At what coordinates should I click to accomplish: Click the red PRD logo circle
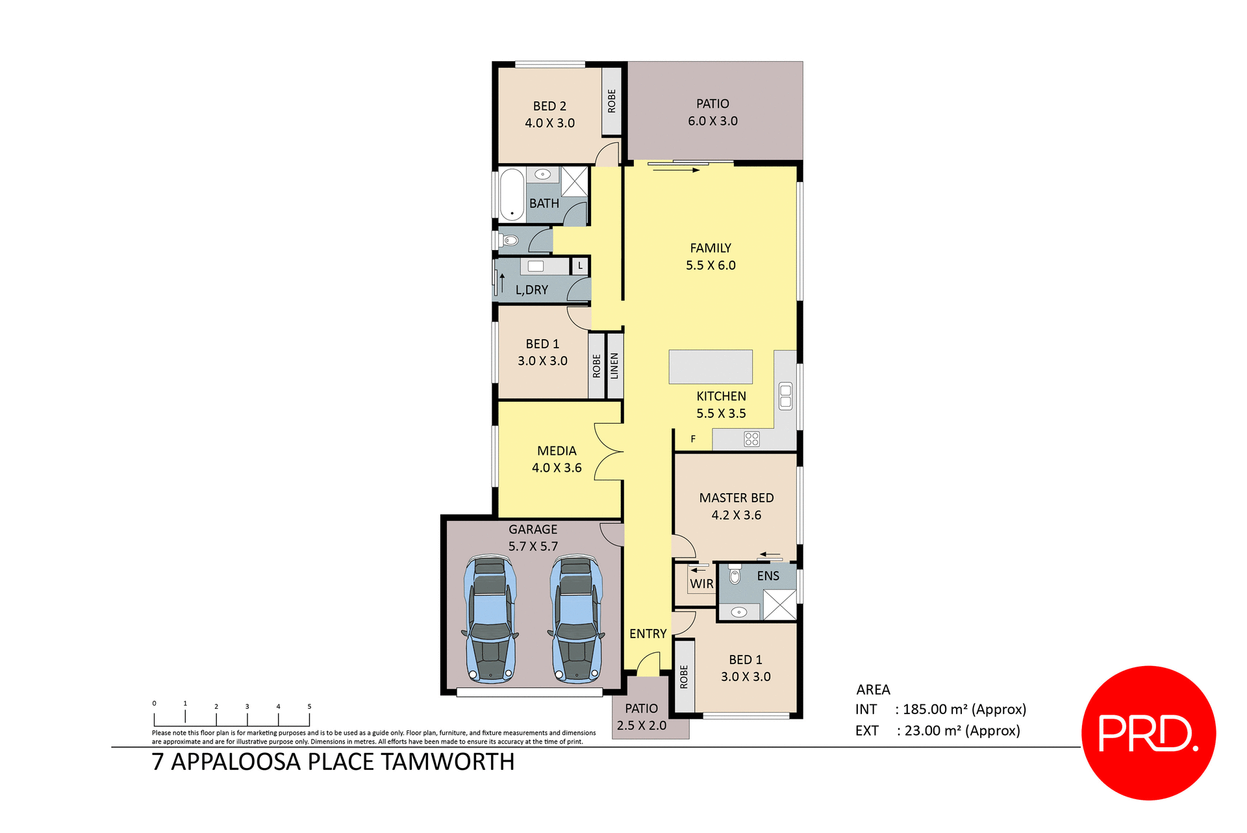[x=1148, y=732]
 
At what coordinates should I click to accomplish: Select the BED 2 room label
[x=549, y=106]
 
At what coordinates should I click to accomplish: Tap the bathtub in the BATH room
[x=512, y=195]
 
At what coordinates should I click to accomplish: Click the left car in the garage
[x=490, y=619]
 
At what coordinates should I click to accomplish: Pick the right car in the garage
[x=576, y=619]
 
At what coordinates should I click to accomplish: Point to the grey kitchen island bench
[x=711, y=367]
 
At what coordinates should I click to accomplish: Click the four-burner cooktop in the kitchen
[x=751, y=439]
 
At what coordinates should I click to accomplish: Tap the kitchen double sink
[x=785, y=396]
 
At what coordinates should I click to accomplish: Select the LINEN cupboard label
[x=614, y=366]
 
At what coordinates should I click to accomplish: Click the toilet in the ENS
[x=735, y=575]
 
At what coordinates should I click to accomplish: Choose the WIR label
[x=701, y=583]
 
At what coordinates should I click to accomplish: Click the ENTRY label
[x=648, y=634]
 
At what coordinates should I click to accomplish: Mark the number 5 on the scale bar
[x=309, y=706]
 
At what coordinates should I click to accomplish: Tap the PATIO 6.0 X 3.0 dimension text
[x=712, y=121]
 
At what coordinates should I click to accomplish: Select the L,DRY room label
[x=531, y=290]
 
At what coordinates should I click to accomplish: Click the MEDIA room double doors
[x=609, y=452]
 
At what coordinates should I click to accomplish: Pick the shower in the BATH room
[x=574, y=181]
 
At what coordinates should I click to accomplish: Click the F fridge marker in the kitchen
[x=693, y=439]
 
